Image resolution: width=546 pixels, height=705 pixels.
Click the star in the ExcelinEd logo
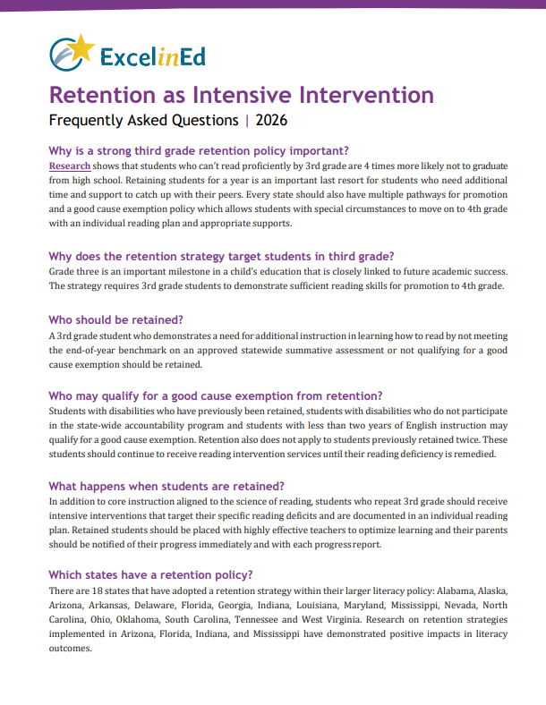click(81, 47)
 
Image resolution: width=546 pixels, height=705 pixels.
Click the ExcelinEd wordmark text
click(151, 58)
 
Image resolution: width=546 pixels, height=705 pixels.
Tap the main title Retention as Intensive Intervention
click(241, 94)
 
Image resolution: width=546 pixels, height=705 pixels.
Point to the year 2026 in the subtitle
click(271, 119)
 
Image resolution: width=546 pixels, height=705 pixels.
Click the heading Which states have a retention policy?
click(150, 574)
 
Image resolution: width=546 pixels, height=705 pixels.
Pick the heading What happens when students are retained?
click(166, 486)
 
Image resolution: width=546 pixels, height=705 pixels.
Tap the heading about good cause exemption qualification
click(216, 395)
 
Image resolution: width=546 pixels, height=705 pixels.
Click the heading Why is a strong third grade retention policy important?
click(198, 150)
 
